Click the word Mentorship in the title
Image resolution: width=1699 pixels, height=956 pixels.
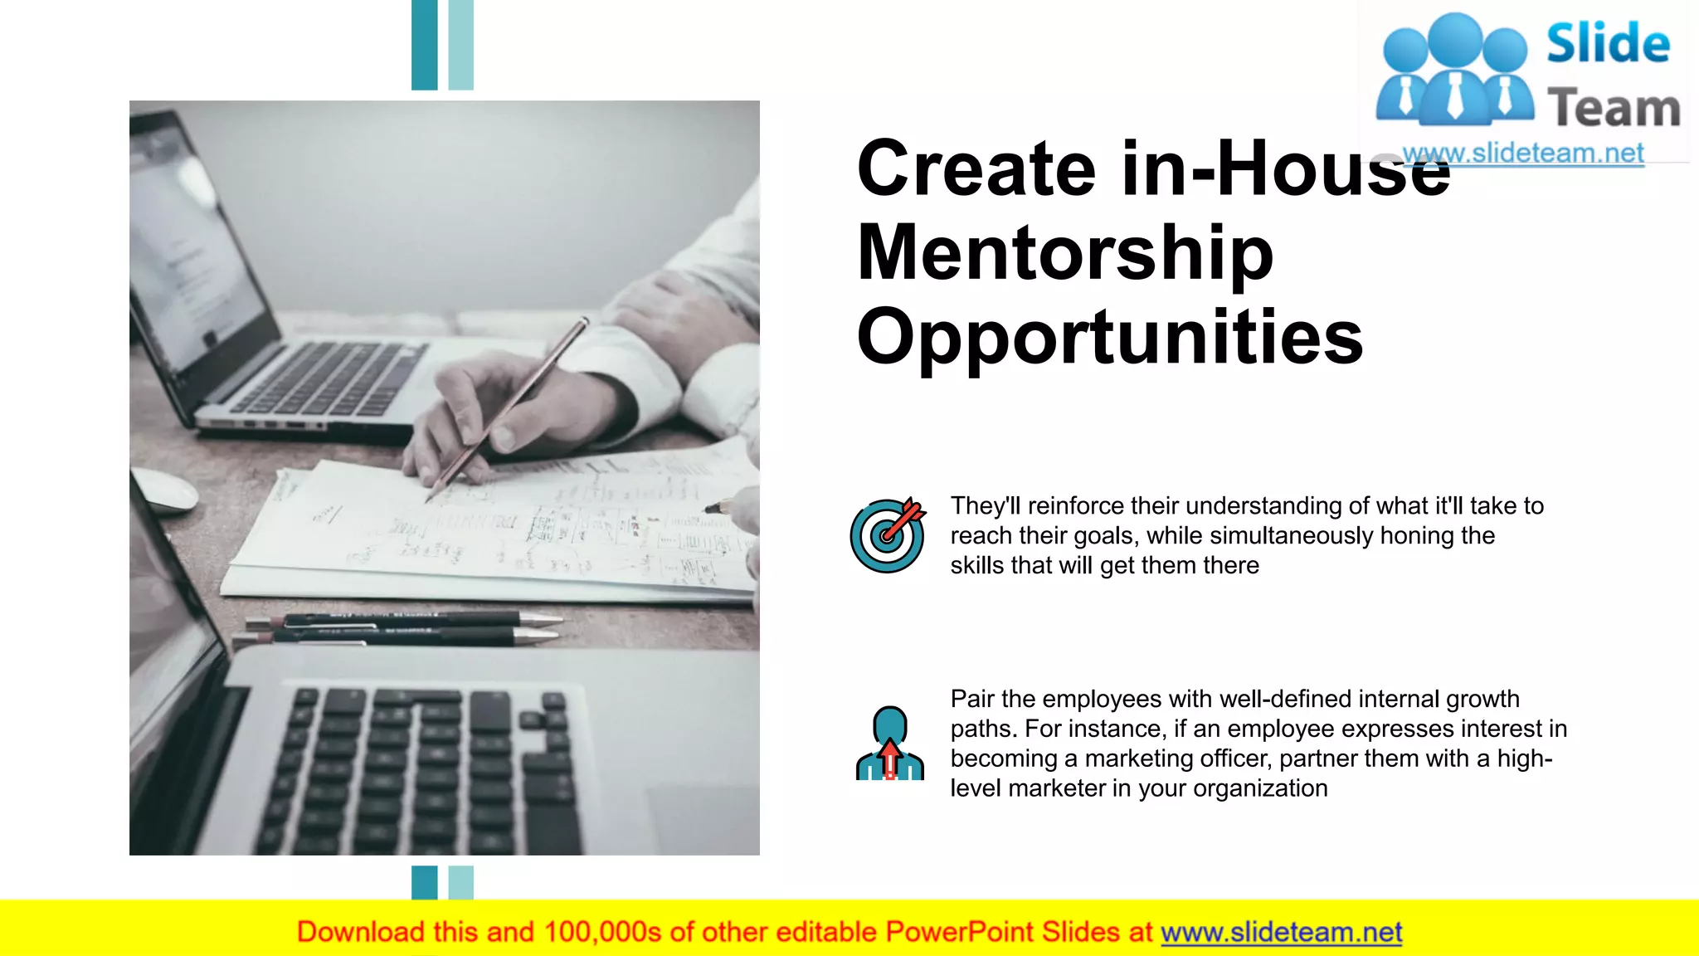1064,253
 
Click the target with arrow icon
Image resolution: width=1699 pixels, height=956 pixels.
888,535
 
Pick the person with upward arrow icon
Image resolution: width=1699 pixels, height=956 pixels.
889,744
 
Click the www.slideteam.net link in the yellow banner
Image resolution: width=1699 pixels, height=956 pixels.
1281,932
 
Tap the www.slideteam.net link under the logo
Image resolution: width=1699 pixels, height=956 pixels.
1523,154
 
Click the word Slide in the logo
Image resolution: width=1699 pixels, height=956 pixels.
1608,43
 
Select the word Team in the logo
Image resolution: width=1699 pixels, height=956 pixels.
1614,109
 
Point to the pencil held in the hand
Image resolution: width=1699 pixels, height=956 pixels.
506,411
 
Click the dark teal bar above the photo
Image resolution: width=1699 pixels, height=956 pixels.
424,45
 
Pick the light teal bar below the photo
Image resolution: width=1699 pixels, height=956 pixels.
460,882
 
